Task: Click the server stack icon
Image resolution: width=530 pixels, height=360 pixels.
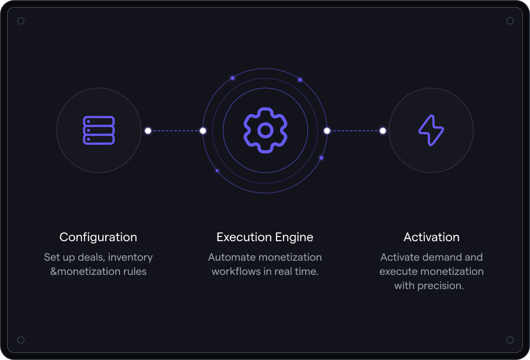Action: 99,130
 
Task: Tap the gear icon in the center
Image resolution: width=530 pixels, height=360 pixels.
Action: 265,130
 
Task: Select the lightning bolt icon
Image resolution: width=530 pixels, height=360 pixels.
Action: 431,130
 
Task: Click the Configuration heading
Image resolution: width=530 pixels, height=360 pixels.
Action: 98,237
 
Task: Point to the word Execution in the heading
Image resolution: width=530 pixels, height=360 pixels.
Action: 245,237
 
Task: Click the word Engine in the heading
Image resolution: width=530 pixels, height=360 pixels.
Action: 294,238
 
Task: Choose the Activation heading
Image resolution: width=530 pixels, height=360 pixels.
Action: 432,237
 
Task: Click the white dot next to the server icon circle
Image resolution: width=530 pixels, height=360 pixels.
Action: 148,131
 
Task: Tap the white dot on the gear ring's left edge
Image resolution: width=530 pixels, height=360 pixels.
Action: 203,131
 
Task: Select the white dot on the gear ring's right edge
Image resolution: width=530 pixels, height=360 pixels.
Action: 327,131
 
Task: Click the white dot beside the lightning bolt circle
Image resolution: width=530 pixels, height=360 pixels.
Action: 383,131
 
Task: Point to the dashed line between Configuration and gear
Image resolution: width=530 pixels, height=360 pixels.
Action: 175,131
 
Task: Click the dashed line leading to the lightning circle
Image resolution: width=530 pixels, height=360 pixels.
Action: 355,131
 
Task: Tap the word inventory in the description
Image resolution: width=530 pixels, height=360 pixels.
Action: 131,258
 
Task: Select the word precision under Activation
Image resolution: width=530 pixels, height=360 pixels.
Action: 440,286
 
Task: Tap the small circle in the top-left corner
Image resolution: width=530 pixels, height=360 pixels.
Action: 21,21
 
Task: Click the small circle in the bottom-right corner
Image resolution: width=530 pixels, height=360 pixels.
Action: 510,340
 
